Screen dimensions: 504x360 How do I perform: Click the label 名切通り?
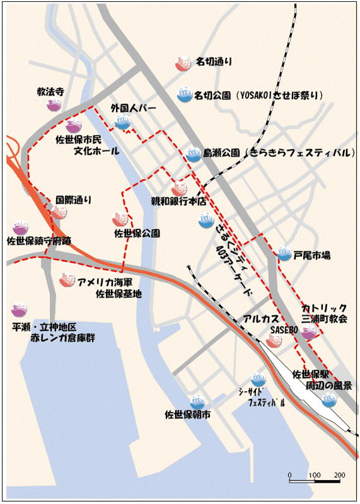point(214,62)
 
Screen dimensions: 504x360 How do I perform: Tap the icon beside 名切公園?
point(184,95)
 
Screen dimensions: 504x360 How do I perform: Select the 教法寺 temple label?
point(51,92)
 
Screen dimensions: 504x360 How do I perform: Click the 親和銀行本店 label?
point(178,202)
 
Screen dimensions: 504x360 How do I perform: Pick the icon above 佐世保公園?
point(120,219)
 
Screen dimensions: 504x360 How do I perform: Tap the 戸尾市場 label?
point(313,256)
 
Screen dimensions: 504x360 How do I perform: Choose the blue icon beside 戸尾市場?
point(284,255)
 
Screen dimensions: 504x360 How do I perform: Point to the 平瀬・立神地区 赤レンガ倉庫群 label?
point(44,333)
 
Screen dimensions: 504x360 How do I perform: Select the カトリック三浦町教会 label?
point(324,313)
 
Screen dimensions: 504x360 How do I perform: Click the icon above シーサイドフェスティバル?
point(258,379)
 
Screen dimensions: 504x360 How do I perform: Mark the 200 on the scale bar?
point(339,474)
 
